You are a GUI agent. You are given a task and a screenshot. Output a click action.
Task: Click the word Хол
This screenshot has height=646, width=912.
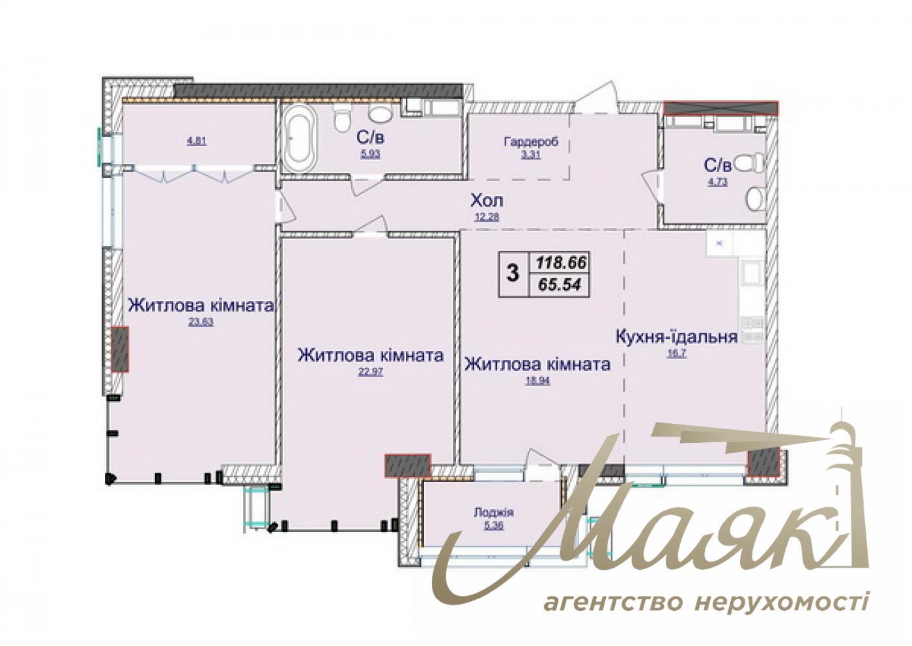[x=487, y=199]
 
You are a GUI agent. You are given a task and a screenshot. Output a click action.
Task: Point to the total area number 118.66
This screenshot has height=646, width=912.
[x=561, y=263]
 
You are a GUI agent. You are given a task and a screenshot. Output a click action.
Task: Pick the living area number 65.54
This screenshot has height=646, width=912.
[x=561, y=285]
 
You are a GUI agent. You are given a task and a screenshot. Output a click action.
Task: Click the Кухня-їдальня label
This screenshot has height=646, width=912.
[x=676, y=337]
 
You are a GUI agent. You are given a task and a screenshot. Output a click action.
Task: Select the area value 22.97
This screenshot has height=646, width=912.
[x=371, y=372]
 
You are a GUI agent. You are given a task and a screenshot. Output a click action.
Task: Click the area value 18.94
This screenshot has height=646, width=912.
[x=538, y=381]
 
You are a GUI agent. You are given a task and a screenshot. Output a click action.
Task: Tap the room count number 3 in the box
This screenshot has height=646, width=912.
[x=513, y=273]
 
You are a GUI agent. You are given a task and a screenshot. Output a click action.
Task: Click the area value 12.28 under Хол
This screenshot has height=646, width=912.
[x=487, y=218]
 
